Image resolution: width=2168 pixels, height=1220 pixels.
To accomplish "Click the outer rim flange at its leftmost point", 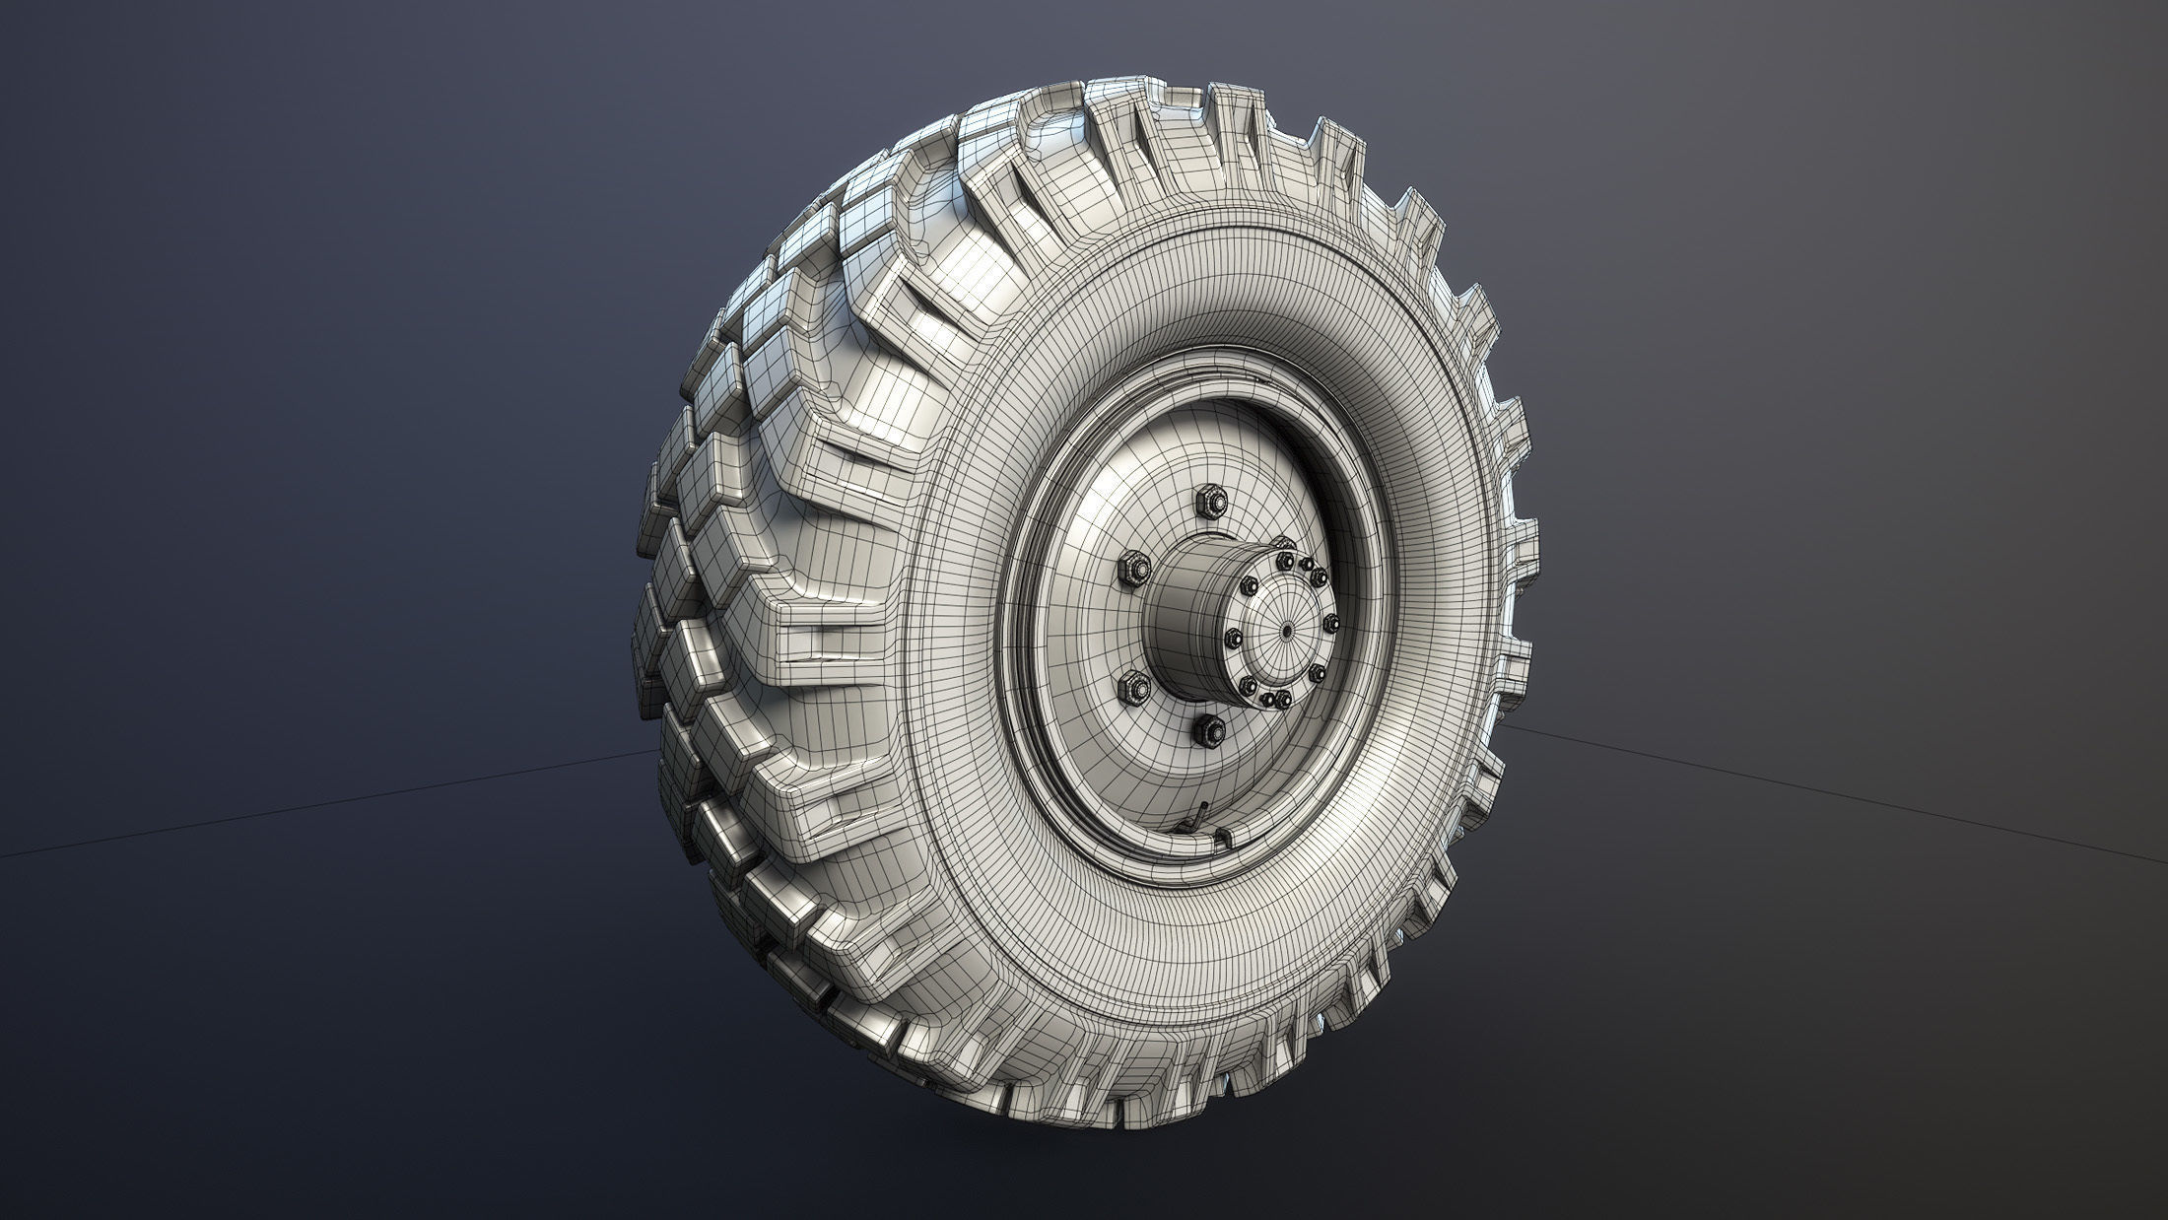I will (1004, 631).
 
